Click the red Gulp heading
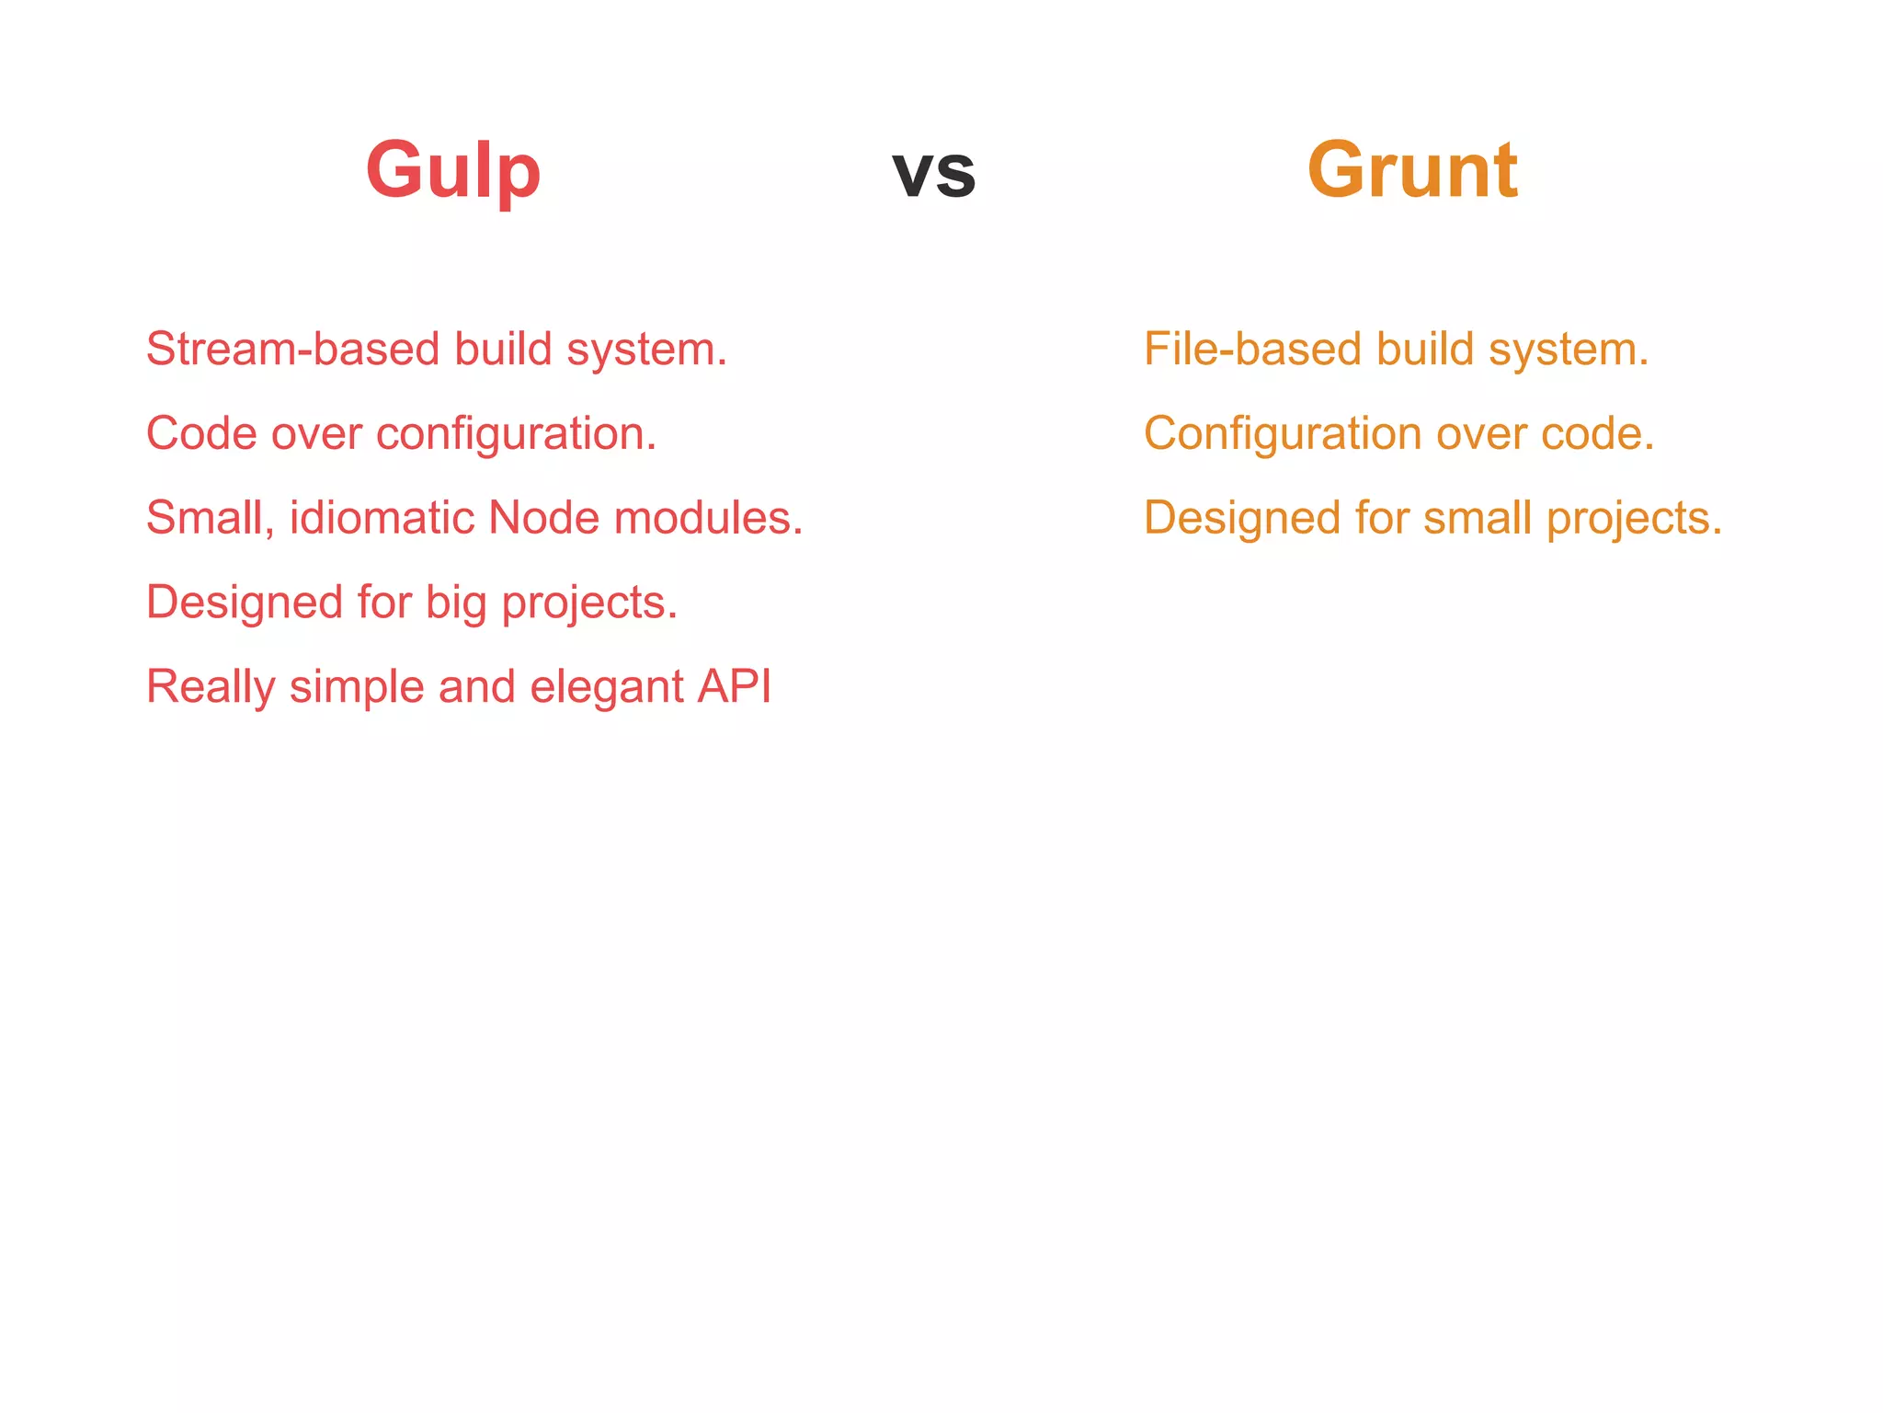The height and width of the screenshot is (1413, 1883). coord(452,171)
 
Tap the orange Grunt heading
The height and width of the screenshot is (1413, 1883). coord(1412,171)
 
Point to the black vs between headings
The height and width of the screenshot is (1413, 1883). coord(933,173)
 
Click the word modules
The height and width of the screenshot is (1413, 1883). coord(708,518)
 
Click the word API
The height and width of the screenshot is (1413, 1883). coord(734,686)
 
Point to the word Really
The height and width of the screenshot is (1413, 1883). coord(211,688)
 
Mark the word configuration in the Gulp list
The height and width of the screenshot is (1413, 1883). coord(516,434)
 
